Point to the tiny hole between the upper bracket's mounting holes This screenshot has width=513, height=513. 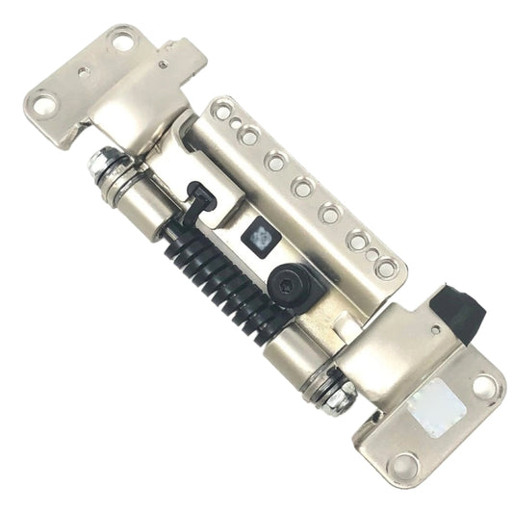point(86,70)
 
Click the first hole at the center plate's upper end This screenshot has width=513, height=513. point(223,112)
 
